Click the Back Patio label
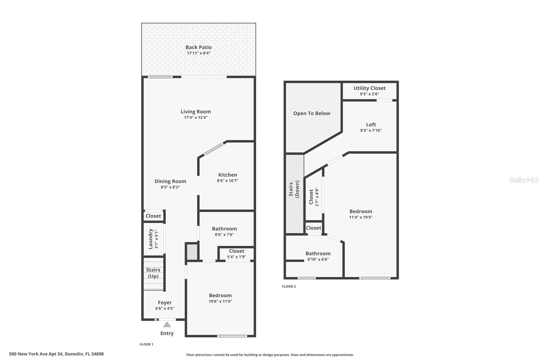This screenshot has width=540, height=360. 198,47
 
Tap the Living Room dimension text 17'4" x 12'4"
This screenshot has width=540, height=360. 196,118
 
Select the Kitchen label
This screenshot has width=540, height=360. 227,175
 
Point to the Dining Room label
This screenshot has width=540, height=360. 170,181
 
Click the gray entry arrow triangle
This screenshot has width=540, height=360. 167,325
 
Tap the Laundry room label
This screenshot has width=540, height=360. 151,239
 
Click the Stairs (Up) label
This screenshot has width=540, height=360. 153,273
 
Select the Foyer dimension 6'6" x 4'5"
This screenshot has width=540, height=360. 165,308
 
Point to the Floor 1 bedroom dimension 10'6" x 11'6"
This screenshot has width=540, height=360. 220,301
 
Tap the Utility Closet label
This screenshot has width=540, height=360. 370,88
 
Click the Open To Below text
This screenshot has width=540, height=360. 312,113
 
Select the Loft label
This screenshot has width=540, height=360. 371,125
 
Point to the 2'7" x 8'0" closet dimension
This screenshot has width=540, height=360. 317,197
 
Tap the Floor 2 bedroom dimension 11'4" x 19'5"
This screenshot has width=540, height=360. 361,217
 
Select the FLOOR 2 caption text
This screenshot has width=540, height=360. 289,286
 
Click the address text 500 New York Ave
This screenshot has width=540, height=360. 56,354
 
